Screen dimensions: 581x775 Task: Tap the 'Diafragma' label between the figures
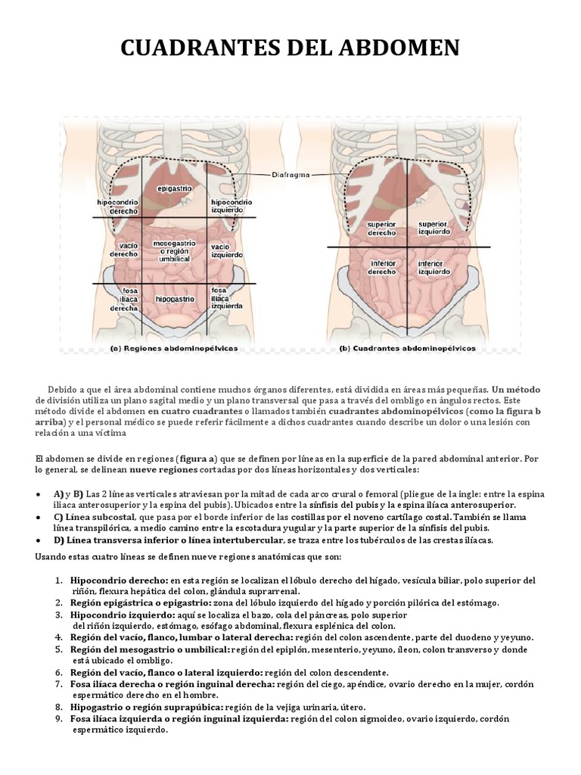click(x=291, y=175)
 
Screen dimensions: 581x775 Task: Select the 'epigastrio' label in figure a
click(x=175, y=188)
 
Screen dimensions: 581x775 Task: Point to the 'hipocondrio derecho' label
click(x=117, y=207)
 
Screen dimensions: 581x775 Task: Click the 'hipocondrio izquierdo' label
click(x=231, y=206)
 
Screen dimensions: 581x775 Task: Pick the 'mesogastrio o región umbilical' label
click(x=175, y=251)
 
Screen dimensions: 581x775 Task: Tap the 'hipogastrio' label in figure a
click(x=175, y=300)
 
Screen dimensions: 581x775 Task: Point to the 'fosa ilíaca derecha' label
click(x=123, y=300)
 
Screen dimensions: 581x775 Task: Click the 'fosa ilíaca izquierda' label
click(x=227, y=298)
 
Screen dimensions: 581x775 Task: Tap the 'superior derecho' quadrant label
click(x=381, y=229)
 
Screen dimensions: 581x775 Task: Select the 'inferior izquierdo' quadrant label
click(x=434, y=268)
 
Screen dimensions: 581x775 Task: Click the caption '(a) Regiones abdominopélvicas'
click(x=173, y=348)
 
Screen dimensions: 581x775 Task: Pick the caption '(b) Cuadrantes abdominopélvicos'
click(x=408, y=348)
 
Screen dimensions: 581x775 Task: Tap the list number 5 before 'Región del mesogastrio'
click(x=59, y=649)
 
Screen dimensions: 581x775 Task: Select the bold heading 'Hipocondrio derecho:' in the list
click(x=119, y=580)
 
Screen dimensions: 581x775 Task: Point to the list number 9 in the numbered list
click(x=59, y=719)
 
